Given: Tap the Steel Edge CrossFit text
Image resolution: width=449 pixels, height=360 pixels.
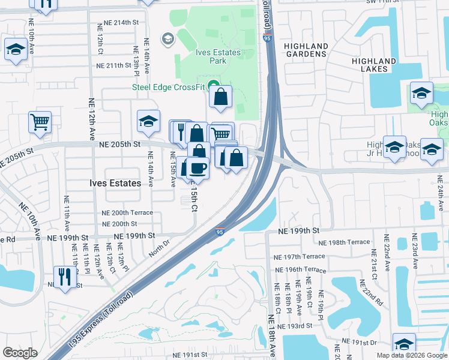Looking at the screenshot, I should pyautogui.click(x=169, y=86).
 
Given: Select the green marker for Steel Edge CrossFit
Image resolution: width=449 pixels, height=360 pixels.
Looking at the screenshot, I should pyautogui.click(x=211, y=85).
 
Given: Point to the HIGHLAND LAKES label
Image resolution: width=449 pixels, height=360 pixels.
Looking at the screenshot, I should pyautogui.click(x=374, y=65).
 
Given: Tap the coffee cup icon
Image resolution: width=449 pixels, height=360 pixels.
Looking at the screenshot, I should pyautogui.click(x=197, y=168).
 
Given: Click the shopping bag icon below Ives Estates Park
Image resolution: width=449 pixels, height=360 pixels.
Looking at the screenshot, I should pyautogui.click(x=220, y=97).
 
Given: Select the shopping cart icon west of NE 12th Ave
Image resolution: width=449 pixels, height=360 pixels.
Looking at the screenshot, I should pyautogui.click(x=40, y=122).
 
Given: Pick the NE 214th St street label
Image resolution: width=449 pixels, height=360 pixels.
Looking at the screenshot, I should pyautogui.click(x=119, y=22).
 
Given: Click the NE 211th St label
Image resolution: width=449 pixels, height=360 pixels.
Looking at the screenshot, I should pyautogui.click(x=112, y=65).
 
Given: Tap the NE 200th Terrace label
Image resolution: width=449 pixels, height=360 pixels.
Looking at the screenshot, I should pyautogui.click(x=127, y=213).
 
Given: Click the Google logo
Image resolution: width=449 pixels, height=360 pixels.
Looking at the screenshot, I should pyautogui.click(x=20, y=353).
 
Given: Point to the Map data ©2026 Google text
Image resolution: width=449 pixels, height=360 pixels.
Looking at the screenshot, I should pyautogui.click(x=412, y=355).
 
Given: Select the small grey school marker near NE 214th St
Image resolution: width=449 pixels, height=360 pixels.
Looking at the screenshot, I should pyautogui.click(x=167, y=40).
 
